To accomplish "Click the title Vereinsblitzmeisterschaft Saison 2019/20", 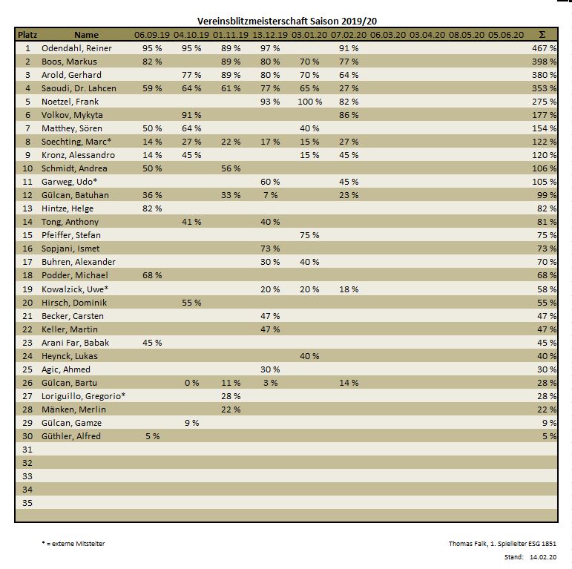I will tap(292, 22).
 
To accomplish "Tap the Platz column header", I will tap(27, 35).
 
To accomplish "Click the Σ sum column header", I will tap(542, 35).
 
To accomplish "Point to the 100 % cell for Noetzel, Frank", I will tap(309, 102).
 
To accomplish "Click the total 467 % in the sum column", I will tap(544, 48).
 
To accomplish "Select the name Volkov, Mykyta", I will tap(73, 115).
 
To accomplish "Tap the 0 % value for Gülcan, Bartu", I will tap(191, 383).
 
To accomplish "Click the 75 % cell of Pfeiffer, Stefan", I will tap(309, 235).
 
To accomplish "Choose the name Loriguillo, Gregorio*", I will tap(83, 396).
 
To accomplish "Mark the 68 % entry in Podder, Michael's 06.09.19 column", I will tap(152, 275).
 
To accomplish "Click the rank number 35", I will tap(27, 503).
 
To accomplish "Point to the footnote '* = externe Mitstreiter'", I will tap(73, 544).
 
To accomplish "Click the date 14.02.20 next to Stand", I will tap(544, 556).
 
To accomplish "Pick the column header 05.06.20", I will tap(506, 35).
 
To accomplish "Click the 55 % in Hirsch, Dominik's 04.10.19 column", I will tap(191, 303).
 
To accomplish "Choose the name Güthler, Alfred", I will tap(71, 436).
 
